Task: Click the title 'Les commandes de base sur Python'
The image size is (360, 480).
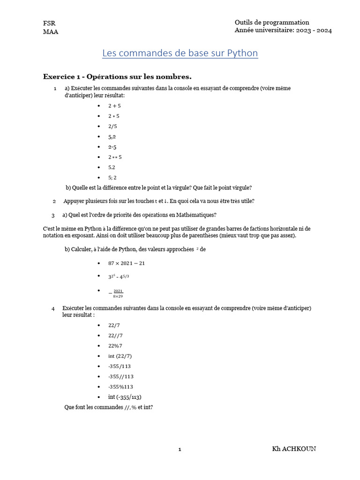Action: pos(180,53)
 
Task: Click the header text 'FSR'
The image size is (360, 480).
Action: pos(49,23)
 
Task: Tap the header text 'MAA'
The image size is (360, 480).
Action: pos(51,32)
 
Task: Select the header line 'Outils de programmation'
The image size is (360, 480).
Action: pos(272,22)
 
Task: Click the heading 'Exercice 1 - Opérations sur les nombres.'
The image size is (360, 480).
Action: pos(117,76)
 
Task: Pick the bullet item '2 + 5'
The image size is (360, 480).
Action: pos(114,106)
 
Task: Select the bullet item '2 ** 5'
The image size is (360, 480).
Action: pos(115,157)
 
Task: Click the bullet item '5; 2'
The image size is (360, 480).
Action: pos(112,178)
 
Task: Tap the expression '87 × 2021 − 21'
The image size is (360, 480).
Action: pos(127,263)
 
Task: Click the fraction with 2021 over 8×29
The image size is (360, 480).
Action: pos(118,293)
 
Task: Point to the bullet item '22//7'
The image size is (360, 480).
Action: pos(115,335)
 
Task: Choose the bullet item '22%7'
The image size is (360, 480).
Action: pos(115,345)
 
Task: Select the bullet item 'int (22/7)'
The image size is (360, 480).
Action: pos(120,356)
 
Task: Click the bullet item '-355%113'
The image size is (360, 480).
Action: pos(121,387)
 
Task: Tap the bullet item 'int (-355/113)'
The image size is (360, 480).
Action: pos(125,397)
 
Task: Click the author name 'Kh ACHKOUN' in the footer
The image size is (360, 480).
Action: pos(294,449)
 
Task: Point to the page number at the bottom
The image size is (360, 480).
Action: pos(180,450)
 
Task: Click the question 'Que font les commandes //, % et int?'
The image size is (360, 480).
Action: pos(108,407)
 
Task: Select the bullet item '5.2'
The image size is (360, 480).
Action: pos(112,167)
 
